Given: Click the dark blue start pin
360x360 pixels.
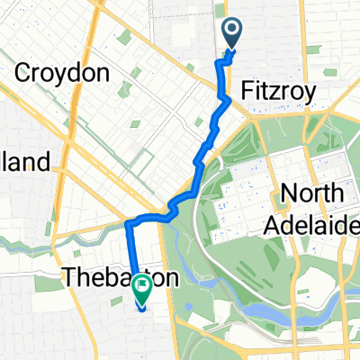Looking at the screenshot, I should coord(231,34).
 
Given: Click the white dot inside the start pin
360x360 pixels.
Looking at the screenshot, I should coord(231,31).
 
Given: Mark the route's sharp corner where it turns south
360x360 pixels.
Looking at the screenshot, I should coord(127,221).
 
